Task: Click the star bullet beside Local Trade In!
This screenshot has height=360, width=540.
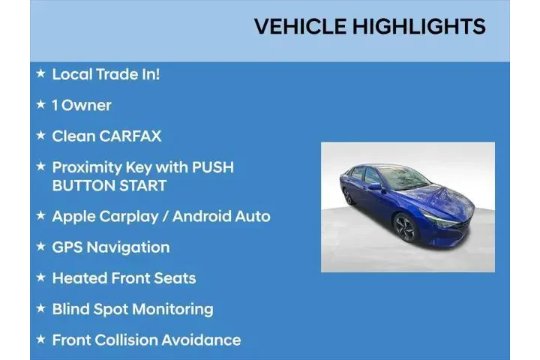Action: (x=40, y=73)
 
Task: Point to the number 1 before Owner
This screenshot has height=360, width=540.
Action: (x=55, y=105)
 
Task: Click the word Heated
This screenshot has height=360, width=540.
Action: (x=79, y=278)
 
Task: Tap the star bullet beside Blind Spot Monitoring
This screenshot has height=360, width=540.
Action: (x=40, y=308)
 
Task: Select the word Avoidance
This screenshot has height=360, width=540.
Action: (x=201, y=340)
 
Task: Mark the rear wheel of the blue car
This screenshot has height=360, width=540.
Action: (x=349, y=196)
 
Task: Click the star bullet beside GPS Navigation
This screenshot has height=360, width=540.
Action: (x=40, y=246)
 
